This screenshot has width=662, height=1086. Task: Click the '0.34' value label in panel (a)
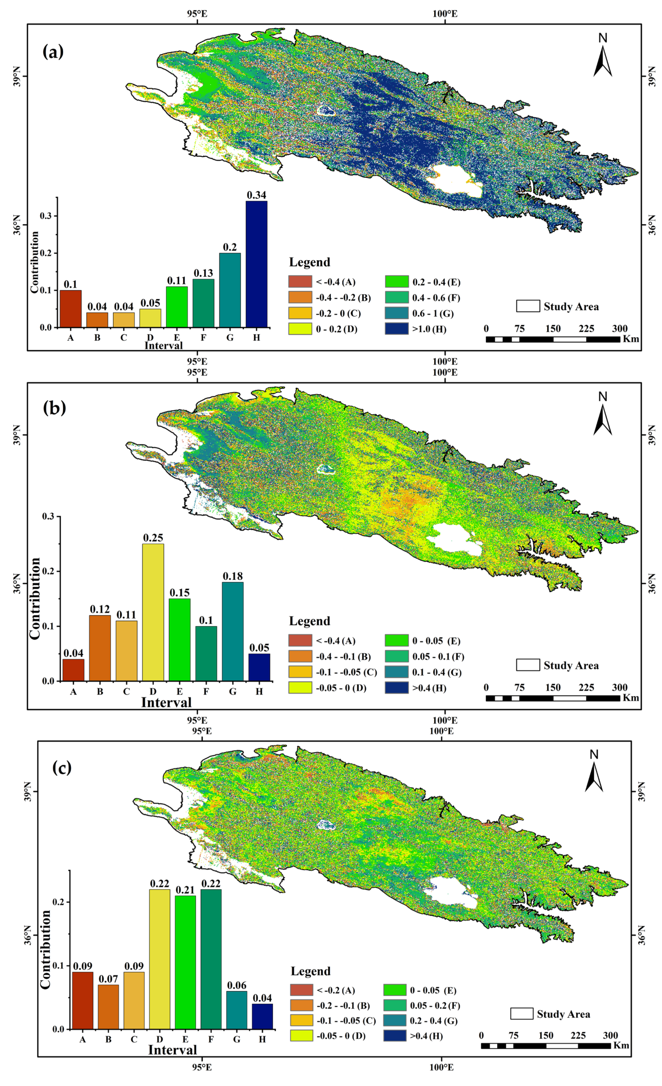[256, 195]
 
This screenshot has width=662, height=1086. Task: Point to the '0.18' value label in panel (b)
[232, 576]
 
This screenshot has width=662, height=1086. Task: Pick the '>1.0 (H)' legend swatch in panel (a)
[396, 329]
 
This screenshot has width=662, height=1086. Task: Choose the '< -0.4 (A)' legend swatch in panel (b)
[300, 640]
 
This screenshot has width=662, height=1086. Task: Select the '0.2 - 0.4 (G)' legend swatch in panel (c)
[395, 1021]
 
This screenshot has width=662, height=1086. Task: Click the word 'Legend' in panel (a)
[310, 262]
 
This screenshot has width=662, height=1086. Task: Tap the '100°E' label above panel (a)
[445, 14]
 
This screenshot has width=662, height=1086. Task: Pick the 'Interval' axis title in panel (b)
[166, 702]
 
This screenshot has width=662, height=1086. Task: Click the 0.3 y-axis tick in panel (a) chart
[45, 216]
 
